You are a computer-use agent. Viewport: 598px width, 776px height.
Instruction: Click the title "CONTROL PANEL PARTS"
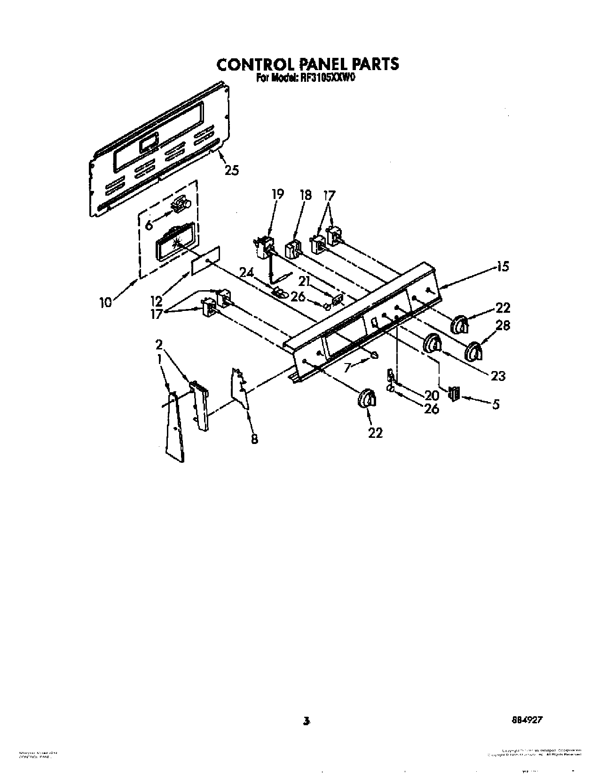coord(307,64)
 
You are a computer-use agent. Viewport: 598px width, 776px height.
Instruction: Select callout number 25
coord(231,170)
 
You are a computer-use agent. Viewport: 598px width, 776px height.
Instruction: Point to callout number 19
coord(278,194)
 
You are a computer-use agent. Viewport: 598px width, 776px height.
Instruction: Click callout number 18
coord(306,194)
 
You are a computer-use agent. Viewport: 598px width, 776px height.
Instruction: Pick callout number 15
coord(503,267)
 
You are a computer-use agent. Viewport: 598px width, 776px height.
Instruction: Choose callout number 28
coord(503,325)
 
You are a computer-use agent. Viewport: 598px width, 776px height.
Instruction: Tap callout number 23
coord(498,376)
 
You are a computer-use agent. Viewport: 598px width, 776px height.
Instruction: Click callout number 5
coord(496,404)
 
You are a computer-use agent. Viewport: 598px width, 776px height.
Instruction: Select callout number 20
coord(432,396)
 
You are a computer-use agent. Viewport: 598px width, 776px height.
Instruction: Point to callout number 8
coord(254,439)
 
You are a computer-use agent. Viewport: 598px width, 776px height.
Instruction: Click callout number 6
coord(149,225)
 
